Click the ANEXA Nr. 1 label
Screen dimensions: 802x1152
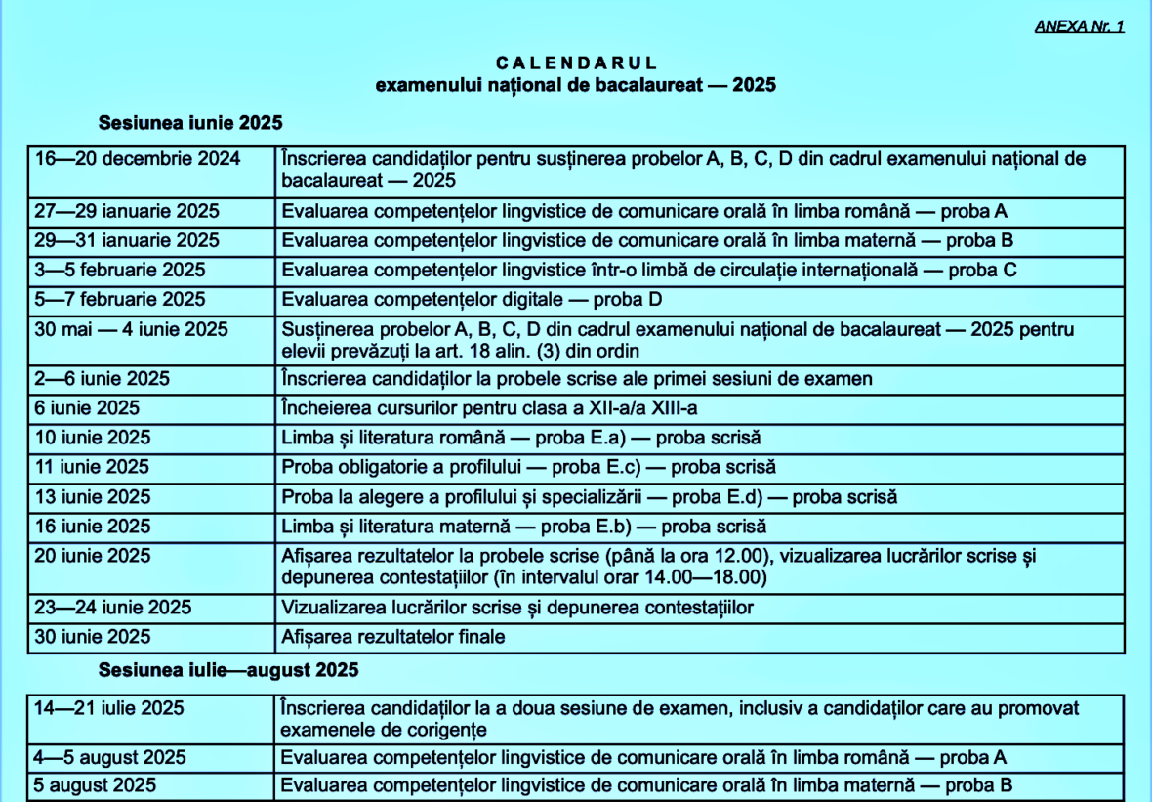[1079, 26]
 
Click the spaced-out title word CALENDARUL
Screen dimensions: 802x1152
[575, 63]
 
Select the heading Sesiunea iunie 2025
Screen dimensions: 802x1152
[190, 123]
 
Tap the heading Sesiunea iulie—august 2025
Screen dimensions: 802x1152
[228, 670]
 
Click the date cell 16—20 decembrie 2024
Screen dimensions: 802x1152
[138, 159]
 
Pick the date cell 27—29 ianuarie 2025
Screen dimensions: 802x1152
[127, 211]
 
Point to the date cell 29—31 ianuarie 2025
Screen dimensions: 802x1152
[127, 240]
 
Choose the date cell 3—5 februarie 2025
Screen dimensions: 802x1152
[120, 270]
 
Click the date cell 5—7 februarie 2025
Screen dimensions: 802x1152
[120, 299]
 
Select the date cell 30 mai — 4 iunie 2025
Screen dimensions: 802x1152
[131, 329]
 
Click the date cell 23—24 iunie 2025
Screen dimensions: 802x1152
[113, 608]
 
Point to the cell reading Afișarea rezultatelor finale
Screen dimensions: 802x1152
[393, 637]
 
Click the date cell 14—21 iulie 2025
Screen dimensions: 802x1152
[109, 708]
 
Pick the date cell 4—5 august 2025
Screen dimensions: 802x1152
[110, 757]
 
